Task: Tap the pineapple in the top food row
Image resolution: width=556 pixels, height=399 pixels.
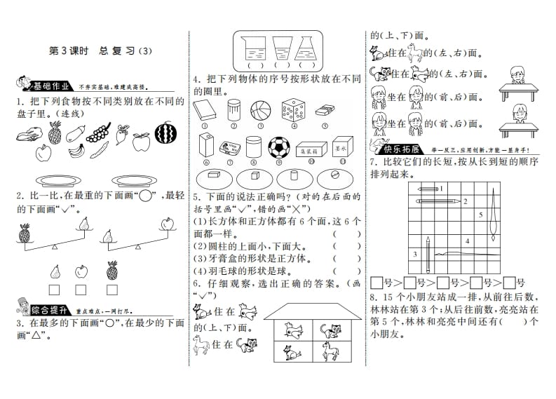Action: click(x=55, y=131)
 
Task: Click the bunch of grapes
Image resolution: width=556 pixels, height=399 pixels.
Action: click(x=102, y=130)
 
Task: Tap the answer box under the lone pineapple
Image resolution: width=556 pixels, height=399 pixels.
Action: click(x=111, y=288)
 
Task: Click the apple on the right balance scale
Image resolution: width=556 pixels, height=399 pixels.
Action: click(x=166, y=224)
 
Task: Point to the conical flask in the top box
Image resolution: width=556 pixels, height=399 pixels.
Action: click(x=305, y=48)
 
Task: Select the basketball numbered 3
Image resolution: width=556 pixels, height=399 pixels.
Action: click(x=260, y=109)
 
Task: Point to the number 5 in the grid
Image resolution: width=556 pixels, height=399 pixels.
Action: click(x=481, y=214)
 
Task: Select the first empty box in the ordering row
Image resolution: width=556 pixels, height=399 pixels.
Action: click(x=377, y=283)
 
